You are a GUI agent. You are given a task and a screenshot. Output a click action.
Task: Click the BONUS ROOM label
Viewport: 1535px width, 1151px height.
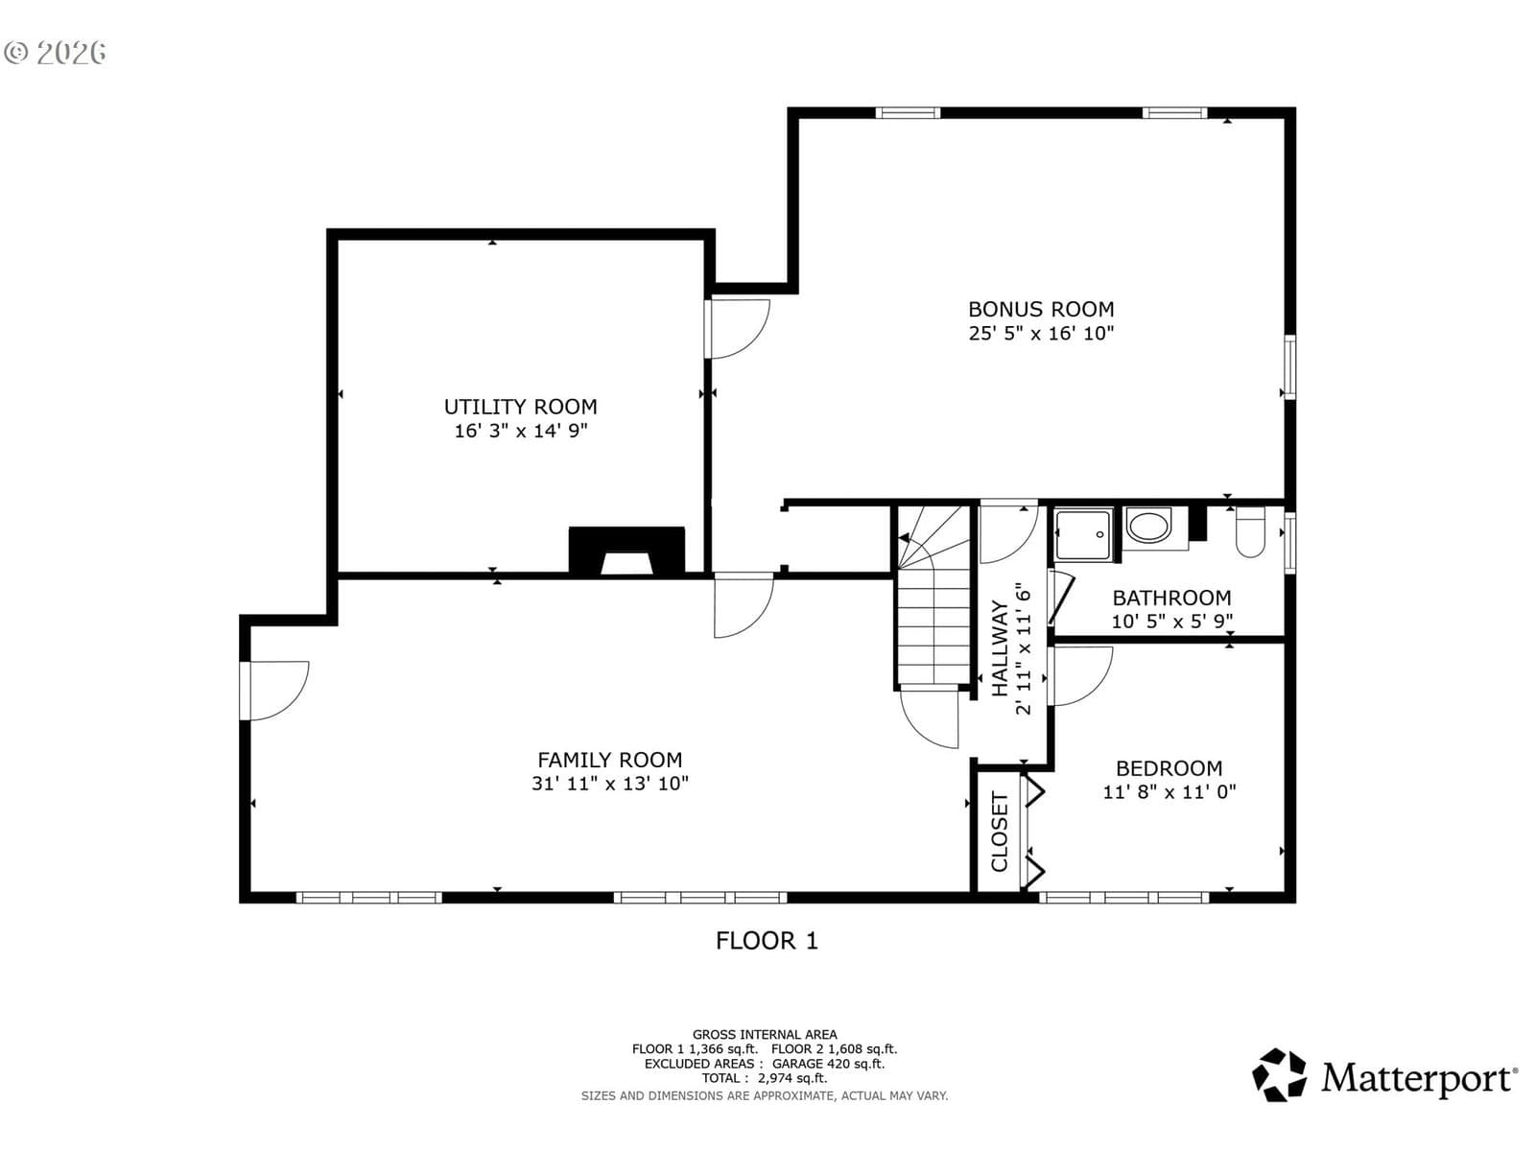tap(1041, 309)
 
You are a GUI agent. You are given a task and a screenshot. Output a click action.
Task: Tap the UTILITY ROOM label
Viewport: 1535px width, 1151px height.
tap(520, 407)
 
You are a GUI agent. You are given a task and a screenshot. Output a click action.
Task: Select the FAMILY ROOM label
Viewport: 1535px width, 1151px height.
tap(609, 760)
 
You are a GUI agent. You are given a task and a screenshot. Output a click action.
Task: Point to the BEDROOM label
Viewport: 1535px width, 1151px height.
tap(1169, 768)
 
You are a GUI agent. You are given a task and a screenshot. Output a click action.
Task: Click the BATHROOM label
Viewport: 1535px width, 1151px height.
tap(1171, 599)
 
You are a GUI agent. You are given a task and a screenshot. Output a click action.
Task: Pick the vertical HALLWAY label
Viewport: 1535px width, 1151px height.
tap(1000, 648)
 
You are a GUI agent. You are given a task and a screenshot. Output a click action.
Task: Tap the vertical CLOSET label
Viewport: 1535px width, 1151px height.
tap(1000, 832)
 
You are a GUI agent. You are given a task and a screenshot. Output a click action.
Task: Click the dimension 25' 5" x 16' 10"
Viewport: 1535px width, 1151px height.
tap(1041, 334)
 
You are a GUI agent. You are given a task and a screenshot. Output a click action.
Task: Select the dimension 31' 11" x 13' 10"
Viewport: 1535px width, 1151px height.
tap(609, 784)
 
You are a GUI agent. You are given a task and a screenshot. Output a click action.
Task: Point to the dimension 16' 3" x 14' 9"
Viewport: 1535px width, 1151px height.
tap(520, 431)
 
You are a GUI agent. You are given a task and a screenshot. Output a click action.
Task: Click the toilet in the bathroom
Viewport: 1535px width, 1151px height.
tap(1250, 531)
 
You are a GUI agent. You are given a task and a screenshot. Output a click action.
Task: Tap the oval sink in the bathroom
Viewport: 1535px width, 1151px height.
tap(1147, 527)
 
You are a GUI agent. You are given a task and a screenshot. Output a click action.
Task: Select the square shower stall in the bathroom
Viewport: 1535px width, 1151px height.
tap(1082, 534)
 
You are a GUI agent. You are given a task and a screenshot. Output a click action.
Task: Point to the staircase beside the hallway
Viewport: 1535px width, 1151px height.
tap(933, 597)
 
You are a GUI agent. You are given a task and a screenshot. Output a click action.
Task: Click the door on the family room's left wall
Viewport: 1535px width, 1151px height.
tap(274, 691)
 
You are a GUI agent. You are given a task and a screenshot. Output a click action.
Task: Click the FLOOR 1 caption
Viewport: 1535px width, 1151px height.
tap(767, 941)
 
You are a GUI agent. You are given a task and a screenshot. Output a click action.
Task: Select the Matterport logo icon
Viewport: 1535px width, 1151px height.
tap(1279, 1075)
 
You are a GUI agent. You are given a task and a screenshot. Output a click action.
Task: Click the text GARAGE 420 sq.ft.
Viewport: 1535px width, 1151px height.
tap(828, 1064)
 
